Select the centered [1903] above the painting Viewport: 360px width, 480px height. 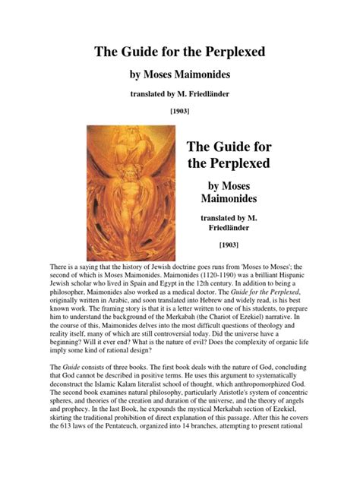(179, 110)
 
